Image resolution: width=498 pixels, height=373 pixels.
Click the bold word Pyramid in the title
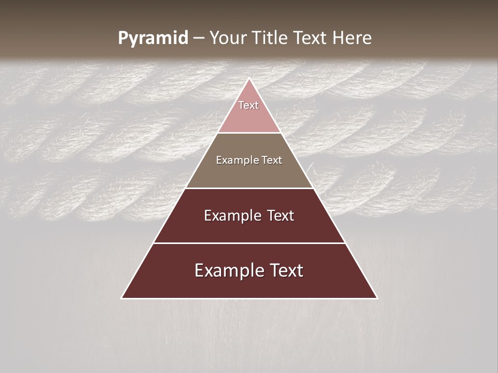pyautogui.click(x=153, y=38)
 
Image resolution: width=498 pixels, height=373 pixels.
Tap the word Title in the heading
pyautogui.click(x=270, y=38)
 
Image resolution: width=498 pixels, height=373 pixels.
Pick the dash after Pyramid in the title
pyautogui.click(x=198, y=38)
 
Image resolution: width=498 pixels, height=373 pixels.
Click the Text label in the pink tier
pyautogui.click(x=248, y=105)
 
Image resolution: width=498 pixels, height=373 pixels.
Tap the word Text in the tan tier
pyautogui.click(x=271, y=161)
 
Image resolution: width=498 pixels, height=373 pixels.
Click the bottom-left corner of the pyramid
pyautogui.click(x=122, y=298)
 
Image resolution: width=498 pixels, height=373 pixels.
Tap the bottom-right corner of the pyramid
pyautogui.click(x=377, y=298)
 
